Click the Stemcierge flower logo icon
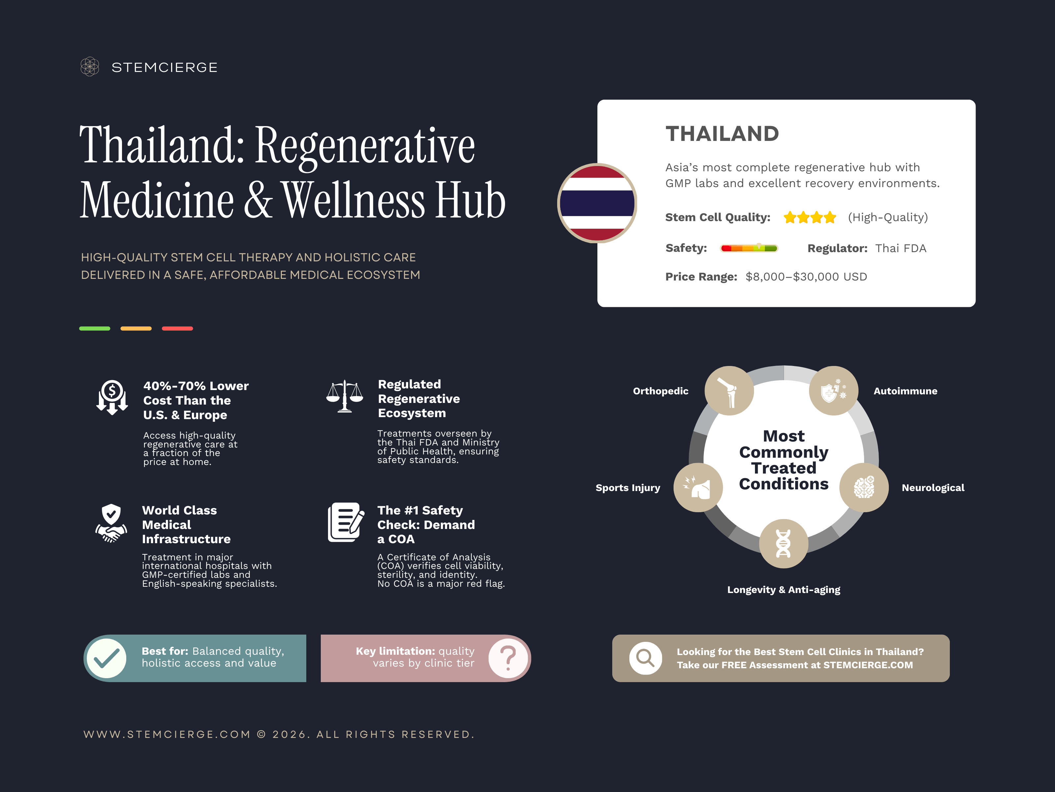(x=90, y=67)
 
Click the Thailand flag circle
(x=597, y=203)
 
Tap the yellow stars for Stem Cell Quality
(x=810, y=218)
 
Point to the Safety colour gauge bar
(x=749, y=248)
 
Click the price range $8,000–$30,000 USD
(x=806, y=277)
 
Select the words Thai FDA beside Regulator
(x=900, y=248)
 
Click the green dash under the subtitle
(x=94, y=328)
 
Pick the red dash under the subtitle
(x=177, y=328)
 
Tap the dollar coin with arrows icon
(x=112, y=398)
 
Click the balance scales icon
(x=344, y=396)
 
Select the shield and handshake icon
(x=111, y=523)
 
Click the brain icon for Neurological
(x=864, y=487)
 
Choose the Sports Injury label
(x=628, y=488)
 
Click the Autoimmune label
(x=905, y=391)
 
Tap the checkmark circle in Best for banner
(x=107, y=658)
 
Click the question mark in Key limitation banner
(x=508, y=658)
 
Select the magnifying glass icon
(x=645, y=658)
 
